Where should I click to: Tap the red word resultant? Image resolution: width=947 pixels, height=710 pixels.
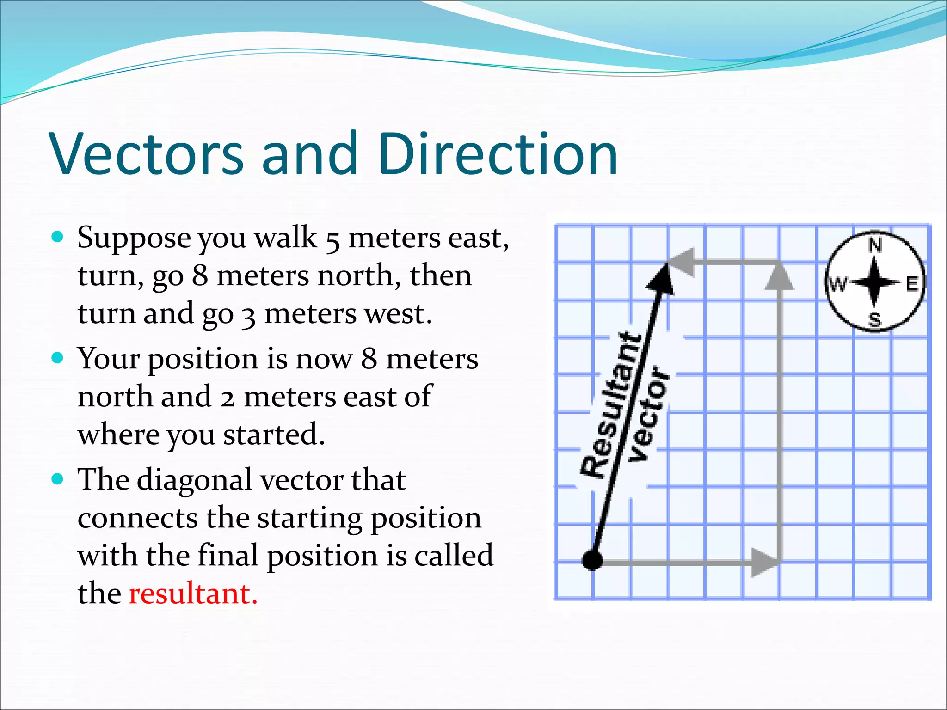(193, 594)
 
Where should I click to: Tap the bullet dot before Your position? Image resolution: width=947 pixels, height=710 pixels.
(57, 358)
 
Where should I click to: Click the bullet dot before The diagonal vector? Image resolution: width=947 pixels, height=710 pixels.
(57, 479)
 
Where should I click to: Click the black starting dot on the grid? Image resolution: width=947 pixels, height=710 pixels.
(592, 561)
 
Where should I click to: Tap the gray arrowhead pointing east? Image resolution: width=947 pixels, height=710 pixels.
(764, 563)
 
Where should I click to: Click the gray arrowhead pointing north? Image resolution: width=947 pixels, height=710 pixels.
(779, 276)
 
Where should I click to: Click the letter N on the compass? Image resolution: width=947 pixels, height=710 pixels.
(874, 245)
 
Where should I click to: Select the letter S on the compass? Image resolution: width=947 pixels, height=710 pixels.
(874, 319)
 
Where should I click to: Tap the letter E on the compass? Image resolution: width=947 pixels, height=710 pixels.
(911, 283)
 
